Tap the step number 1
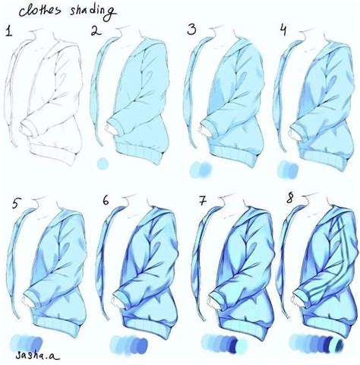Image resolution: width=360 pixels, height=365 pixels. tap(9, 32)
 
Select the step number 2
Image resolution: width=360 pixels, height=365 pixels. tap(96, 32)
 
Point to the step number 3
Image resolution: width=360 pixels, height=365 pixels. tap(191, 31)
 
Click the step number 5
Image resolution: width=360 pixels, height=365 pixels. tap(17, 203)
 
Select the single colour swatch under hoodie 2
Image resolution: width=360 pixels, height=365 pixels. tap(103, 163)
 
